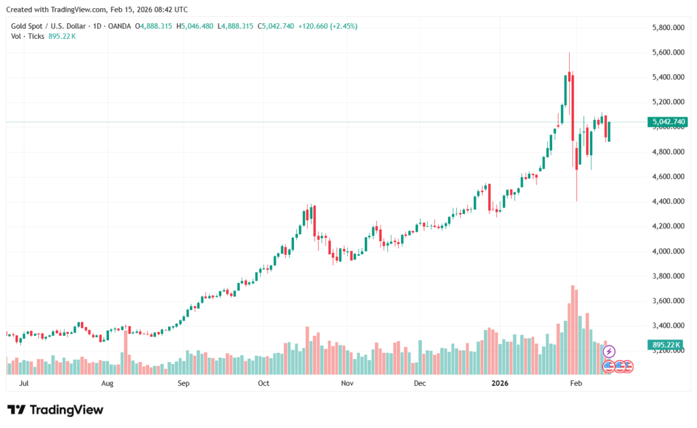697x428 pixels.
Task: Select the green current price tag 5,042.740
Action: [668, 123]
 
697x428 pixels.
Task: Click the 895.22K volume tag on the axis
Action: [667, 346]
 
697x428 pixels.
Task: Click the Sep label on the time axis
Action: [182, 384]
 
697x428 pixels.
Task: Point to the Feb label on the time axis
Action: [576, 384]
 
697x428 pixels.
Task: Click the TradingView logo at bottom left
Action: [55, 410]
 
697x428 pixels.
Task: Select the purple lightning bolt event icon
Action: [609, 351]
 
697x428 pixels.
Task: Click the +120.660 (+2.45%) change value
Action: [327, 26]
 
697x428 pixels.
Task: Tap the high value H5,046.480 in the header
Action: [195, 26]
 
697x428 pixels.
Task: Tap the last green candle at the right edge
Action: [609, 132]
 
